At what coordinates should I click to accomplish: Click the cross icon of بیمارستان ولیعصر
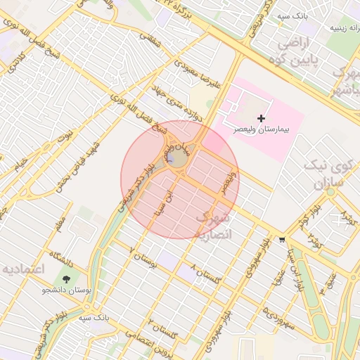(x=262, y=117)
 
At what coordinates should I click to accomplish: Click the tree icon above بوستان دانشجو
(x=67, y=278)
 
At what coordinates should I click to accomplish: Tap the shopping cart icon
(x=282, y=239)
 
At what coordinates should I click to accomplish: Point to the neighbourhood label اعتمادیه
(x=23, y=269)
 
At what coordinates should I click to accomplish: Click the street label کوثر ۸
(x=314, y=240)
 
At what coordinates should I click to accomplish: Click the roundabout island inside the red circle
(x=176, y=160)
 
